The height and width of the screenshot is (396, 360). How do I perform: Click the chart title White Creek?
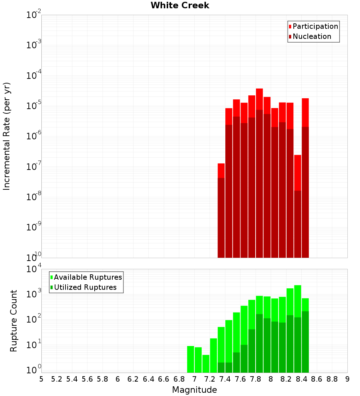tap(180, 5)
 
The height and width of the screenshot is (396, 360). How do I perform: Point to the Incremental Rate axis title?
tap(7, 136)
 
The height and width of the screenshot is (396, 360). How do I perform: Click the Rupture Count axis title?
tap(14, 320)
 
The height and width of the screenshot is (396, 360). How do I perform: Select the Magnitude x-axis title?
tap(194, 390)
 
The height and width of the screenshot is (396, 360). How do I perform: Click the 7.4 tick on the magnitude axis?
tap(225, 379)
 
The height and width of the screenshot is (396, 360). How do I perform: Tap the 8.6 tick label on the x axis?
tap(317, 379)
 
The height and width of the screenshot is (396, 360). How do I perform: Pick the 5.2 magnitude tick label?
tap(57, 379)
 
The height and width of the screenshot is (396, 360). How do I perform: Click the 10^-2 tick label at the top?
tap(34, 15)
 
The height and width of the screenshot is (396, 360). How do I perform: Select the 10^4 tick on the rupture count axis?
tap(34, 269)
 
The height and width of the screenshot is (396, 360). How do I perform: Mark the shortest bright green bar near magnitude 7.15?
tap(206, 364)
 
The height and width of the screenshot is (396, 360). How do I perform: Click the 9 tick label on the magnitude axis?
tap(347, 379)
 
